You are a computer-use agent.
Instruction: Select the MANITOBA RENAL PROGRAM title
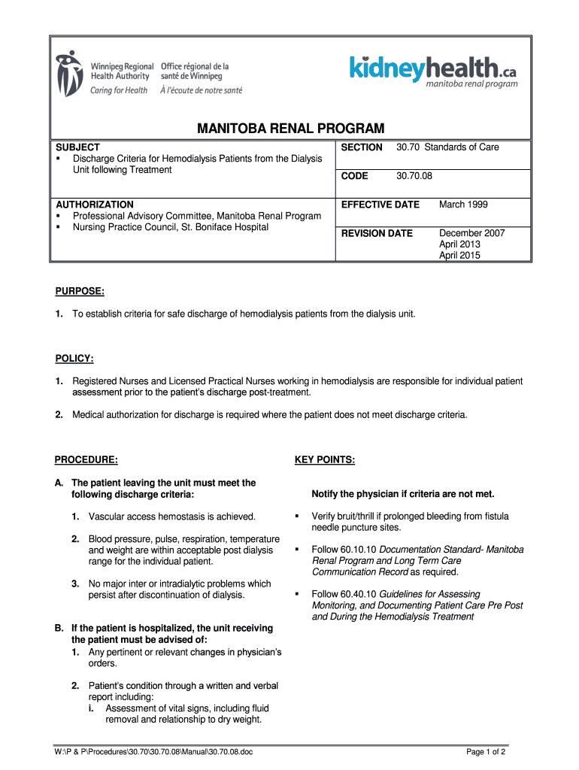290,129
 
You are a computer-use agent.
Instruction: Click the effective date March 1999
462,205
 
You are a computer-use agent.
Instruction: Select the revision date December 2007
471,233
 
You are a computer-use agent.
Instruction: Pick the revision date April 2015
459,256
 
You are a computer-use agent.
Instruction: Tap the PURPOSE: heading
80,291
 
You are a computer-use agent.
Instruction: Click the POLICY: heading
74,359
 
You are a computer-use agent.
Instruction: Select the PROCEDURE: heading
86,459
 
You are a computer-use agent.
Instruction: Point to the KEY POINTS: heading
325,459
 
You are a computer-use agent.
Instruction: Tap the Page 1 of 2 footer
486,751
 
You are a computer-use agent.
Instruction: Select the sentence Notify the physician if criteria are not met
403,494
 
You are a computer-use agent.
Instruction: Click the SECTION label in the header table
362,147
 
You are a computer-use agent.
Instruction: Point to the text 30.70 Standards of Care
447,147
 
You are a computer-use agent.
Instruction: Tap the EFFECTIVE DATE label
380,205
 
